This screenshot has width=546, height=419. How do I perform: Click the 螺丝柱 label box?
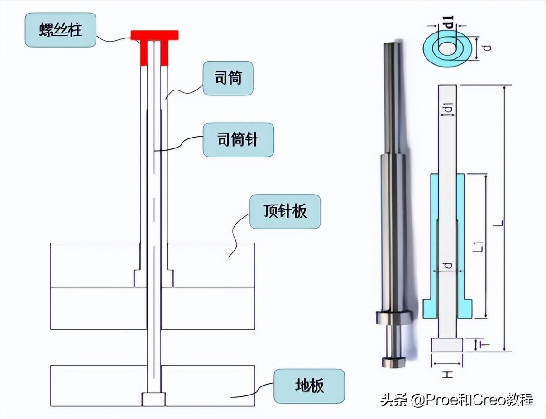click(x=61, y=30)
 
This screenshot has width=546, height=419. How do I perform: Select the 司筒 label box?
click(x=228, y=78)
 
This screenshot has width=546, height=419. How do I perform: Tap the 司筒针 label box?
click(x=238, y=140)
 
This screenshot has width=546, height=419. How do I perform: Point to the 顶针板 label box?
click(x=285, y=211)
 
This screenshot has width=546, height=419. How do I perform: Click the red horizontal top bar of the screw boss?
click(x=154, y=35)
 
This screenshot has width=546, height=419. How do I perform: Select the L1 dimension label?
click(x=479, y=246)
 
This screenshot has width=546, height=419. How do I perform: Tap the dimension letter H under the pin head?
click(x=447, y=375)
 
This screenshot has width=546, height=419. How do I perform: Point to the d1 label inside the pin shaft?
click(x=449, y=107)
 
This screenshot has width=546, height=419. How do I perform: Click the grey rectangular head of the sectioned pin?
click(x=447, y=345)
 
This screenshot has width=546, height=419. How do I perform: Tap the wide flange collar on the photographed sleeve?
click(x=394, y=318)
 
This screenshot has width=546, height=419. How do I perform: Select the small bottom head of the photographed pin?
click(x=393, y=362)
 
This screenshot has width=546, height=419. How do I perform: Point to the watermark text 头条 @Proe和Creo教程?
click(x=456, y=400)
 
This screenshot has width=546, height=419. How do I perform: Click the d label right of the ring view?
click(x=488, y=48)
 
